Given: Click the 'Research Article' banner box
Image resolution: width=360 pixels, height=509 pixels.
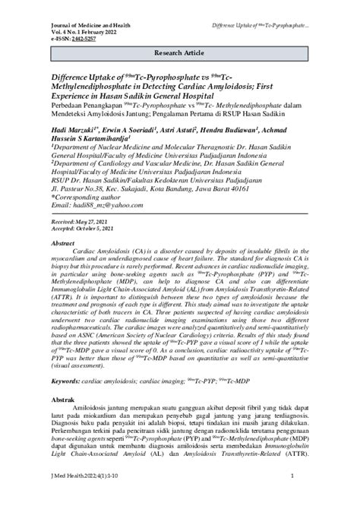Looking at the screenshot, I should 181,55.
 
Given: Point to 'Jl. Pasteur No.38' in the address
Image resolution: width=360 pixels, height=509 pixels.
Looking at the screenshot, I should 78,188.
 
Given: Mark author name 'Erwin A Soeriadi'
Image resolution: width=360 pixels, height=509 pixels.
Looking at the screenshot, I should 135,130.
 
